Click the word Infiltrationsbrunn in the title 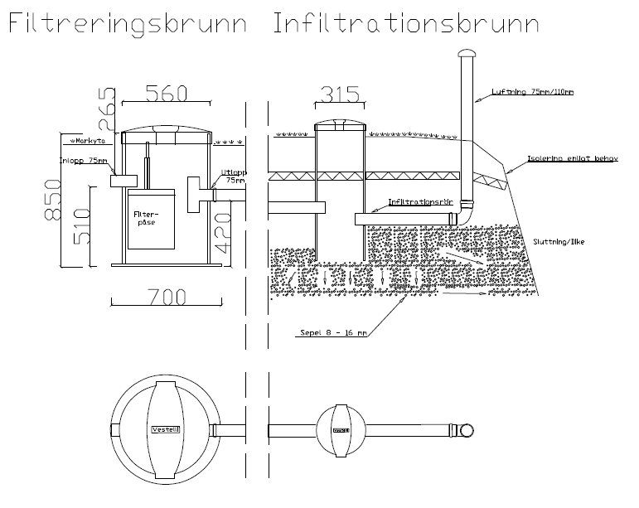click(x=405, y=24)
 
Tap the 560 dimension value click(x=165, y=93)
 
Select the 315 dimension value click(x=338, y=94)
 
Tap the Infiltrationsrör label click(x=419, y=201)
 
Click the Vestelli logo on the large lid click(x=167, y=430)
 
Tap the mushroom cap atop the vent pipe click(x=467, y=53)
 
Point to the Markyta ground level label click(x=85, y=140)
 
